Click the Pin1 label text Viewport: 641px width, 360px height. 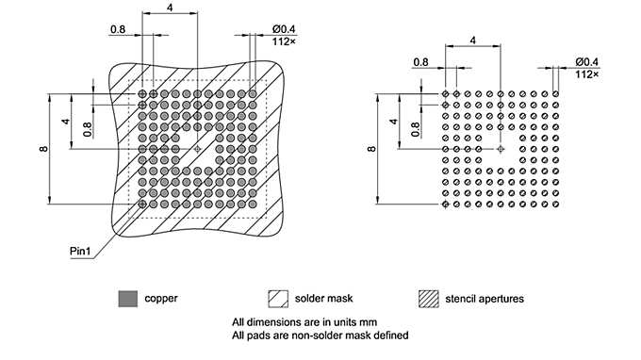[80, 252]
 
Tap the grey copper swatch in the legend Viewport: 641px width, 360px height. [127, 299]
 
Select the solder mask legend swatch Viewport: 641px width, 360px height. [278, 299]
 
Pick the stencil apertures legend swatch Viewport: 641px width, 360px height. [429, 299]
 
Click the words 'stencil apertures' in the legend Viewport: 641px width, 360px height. [484, 299]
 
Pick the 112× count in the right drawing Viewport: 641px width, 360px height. [586, 74]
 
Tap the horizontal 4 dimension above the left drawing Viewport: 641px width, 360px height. [170, 8]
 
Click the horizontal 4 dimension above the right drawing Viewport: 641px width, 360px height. [471, 40]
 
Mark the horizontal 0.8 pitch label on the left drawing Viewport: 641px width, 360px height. [118, 29]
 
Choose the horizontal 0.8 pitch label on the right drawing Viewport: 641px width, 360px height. [421, 62]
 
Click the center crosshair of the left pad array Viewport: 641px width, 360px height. [197, 149]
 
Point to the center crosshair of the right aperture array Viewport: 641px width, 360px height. [500, 149]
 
